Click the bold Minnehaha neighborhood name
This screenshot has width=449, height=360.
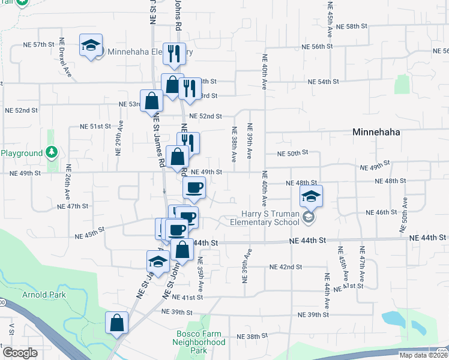[x=376, y=132]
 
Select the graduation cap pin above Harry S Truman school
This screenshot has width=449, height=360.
[x=311, y=196]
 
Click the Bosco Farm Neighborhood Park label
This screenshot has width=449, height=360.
[x=200, y=342]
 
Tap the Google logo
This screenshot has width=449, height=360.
[x=19, y=353]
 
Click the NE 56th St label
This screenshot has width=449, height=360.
[x=317, y=46]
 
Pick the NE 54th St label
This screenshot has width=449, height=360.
[x=323, y=81]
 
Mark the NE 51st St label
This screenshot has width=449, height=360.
[x=96, y=127]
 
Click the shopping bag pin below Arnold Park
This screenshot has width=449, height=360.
[x=116, y=322]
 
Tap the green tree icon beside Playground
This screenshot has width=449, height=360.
[x=52, y=152]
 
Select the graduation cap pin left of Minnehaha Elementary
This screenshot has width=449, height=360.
[x=91, y=46]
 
